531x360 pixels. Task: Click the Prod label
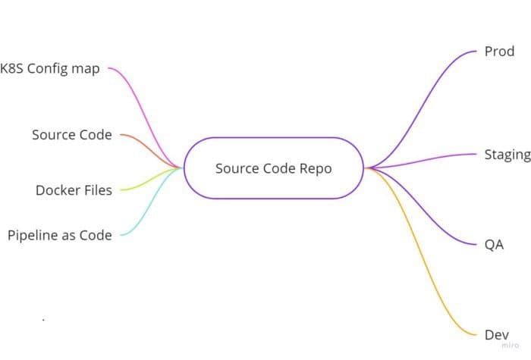(x=499, y=52)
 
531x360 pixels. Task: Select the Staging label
(x=507, y=155)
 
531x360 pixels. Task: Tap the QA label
(x=494, y=246)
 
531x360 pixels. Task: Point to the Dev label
(x=496, y=334)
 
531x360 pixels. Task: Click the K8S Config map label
(x=50, y=69)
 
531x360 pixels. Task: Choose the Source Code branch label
(x=71, y=135)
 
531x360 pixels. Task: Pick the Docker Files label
(x=74, y=190)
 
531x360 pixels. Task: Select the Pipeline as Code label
(x=59, y=236)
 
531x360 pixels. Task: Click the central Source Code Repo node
(x=273, y=168)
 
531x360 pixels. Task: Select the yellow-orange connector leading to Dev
(x=425, y=250)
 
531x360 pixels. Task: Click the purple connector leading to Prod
(x=425, y=106)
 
